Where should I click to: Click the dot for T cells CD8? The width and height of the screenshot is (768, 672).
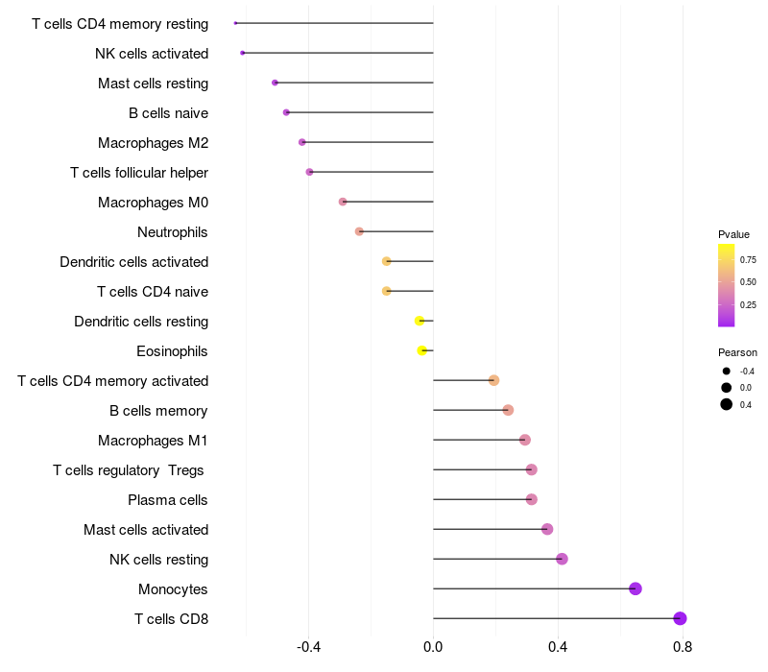tap(680, 618)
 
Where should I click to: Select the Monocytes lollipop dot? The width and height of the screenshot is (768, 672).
tap(636, 588)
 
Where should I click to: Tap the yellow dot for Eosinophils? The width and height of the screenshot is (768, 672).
tap(422, 350)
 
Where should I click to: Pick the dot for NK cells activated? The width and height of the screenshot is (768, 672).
tap(243, 53)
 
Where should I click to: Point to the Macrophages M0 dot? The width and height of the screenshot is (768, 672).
tap(343, 202)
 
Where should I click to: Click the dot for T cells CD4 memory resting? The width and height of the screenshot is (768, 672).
tap(235, 23)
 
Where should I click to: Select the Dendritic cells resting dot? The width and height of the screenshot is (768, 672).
tap(420, 321)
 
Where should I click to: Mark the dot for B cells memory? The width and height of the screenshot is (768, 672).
tap(508, 410)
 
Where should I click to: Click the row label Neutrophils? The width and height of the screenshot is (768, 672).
tap(173, 232)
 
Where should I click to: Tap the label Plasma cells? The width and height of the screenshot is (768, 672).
tap(167, 500)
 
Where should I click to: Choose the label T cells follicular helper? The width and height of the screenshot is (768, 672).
tap(139, 173)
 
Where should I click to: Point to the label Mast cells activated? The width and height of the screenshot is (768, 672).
tap(146, 530)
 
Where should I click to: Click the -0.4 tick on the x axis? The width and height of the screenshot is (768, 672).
tap(308, 647)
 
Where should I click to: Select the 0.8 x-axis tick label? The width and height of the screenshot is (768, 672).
tap(683, 647)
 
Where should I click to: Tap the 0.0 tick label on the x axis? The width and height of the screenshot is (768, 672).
tap(433, 647)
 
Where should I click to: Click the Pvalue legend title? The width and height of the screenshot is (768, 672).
tap(733, 234)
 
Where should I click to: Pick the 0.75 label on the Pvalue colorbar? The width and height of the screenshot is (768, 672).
tap(748, 260)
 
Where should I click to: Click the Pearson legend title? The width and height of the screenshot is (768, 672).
tap(737, 352)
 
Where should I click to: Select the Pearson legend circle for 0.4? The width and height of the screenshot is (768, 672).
tap(727, 404)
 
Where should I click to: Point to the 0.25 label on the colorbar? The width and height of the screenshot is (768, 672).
tap(748, 305)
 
